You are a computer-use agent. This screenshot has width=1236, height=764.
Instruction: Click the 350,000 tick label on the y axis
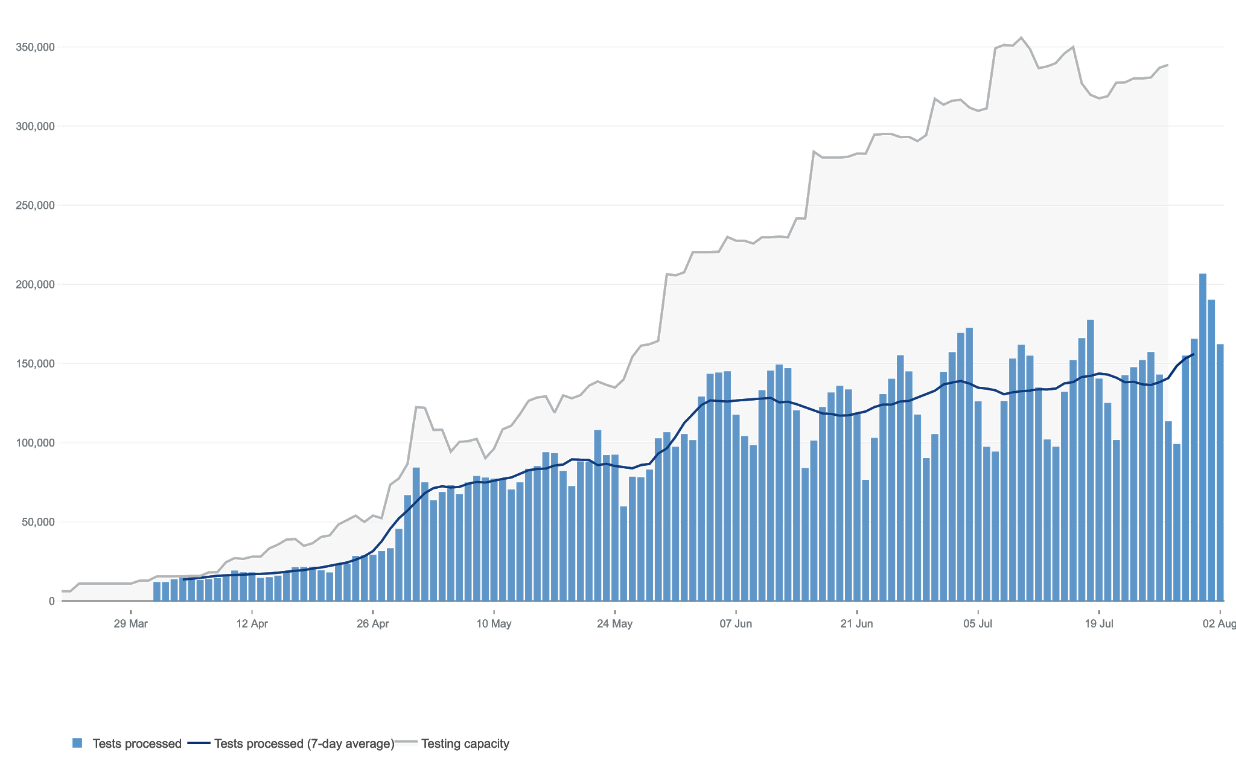[x=35, y=47]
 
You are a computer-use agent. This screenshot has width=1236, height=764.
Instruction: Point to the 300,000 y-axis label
[x=35, y=126]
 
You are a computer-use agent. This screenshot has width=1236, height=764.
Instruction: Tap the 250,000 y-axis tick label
[x=35, y=205]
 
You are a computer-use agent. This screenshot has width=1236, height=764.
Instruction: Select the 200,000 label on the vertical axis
[x=35, y=284]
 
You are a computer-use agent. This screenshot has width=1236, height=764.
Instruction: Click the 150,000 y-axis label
[x=35, y=363]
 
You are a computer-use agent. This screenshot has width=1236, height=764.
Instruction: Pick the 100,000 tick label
[x=35, y=443]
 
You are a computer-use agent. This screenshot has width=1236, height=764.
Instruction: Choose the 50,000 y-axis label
[x=38, y=522]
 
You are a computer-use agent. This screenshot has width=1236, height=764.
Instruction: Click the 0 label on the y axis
[x=52, y=601]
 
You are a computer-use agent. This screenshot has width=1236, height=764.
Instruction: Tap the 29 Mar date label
[x=130, y=623]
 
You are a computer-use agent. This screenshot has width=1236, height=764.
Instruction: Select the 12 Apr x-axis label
[x=252, y=623]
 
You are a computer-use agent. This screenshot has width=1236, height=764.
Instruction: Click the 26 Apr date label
[x=372, y=623]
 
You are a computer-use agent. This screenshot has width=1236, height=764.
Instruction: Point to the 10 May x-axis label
[x=494, y=623]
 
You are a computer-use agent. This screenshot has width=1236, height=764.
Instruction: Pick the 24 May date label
[x=614, y=623]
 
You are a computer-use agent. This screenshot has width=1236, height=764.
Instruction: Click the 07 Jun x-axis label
[x=736, y=623]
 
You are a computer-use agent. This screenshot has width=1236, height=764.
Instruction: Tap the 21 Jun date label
[x=856, y=623]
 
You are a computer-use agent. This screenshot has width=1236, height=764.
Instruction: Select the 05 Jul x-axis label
[x=978, y=623]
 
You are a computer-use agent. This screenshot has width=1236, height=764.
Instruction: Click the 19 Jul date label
[x=1099, y=623]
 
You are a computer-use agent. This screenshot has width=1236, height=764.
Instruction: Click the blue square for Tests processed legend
[x=77, y=743]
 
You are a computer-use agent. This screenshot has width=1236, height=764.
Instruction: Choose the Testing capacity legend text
[x=465, y=743]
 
